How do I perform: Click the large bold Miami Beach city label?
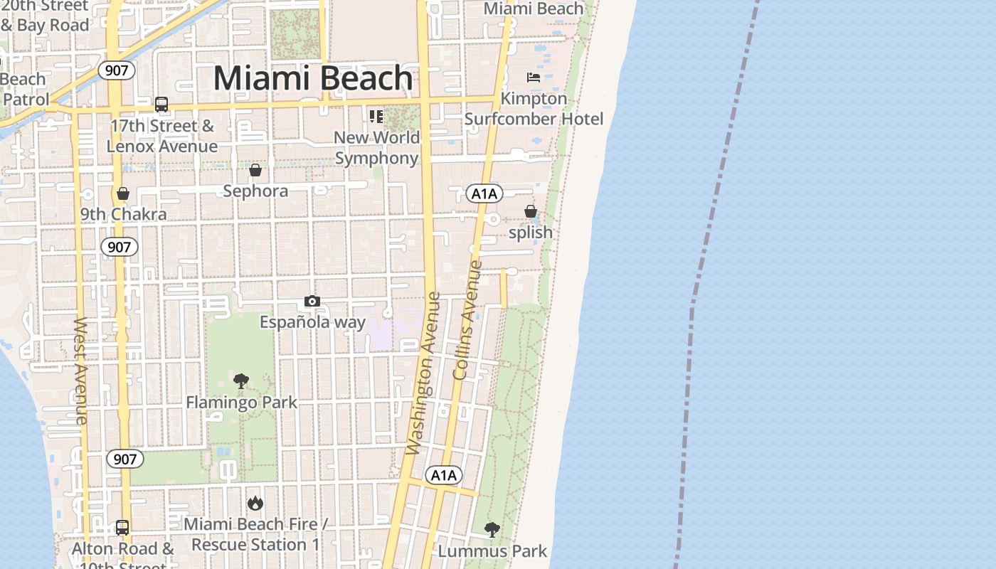pos(313,78)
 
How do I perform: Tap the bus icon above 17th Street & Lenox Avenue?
pos(161,105)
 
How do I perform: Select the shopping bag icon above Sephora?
pos(255,170)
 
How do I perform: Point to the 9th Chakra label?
pos(123,214)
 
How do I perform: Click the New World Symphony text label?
pos(376,147)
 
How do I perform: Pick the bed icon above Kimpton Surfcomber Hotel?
pos(534,78)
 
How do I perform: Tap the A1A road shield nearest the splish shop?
pos(484,193)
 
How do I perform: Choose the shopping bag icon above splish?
pos(531,211)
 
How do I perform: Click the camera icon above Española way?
pos(312,302)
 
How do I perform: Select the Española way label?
pos(312,322)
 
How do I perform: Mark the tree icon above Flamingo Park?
pos(241,381)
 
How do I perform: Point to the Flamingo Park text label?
pos(242,403)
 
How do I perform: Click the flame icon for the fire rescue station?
pos(255,504)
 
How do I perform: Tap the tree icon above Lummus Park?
pos(492,529)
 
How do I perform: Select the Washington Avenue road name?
pos(423,373)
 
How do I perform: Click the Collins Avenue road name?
pos(467,320)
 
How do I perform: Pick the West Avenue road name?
pos(80,370)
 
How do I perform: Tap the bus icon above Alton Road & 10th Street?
pos(122,528)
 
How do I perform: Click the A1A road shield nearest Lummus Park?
pos(444,475)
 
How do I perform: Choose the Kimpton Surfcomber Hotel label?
pos(534,108)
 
